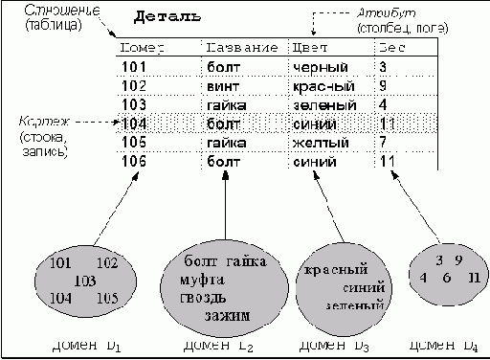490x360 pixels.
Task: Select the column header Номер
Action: pos(144,47)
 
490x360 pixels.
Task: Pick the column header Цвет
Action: pos(315,47)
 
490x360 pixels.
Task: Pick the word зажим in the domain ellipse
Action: pos(227,314)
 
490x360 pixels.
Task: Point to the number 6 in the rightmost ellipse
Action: pos(446,278)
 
